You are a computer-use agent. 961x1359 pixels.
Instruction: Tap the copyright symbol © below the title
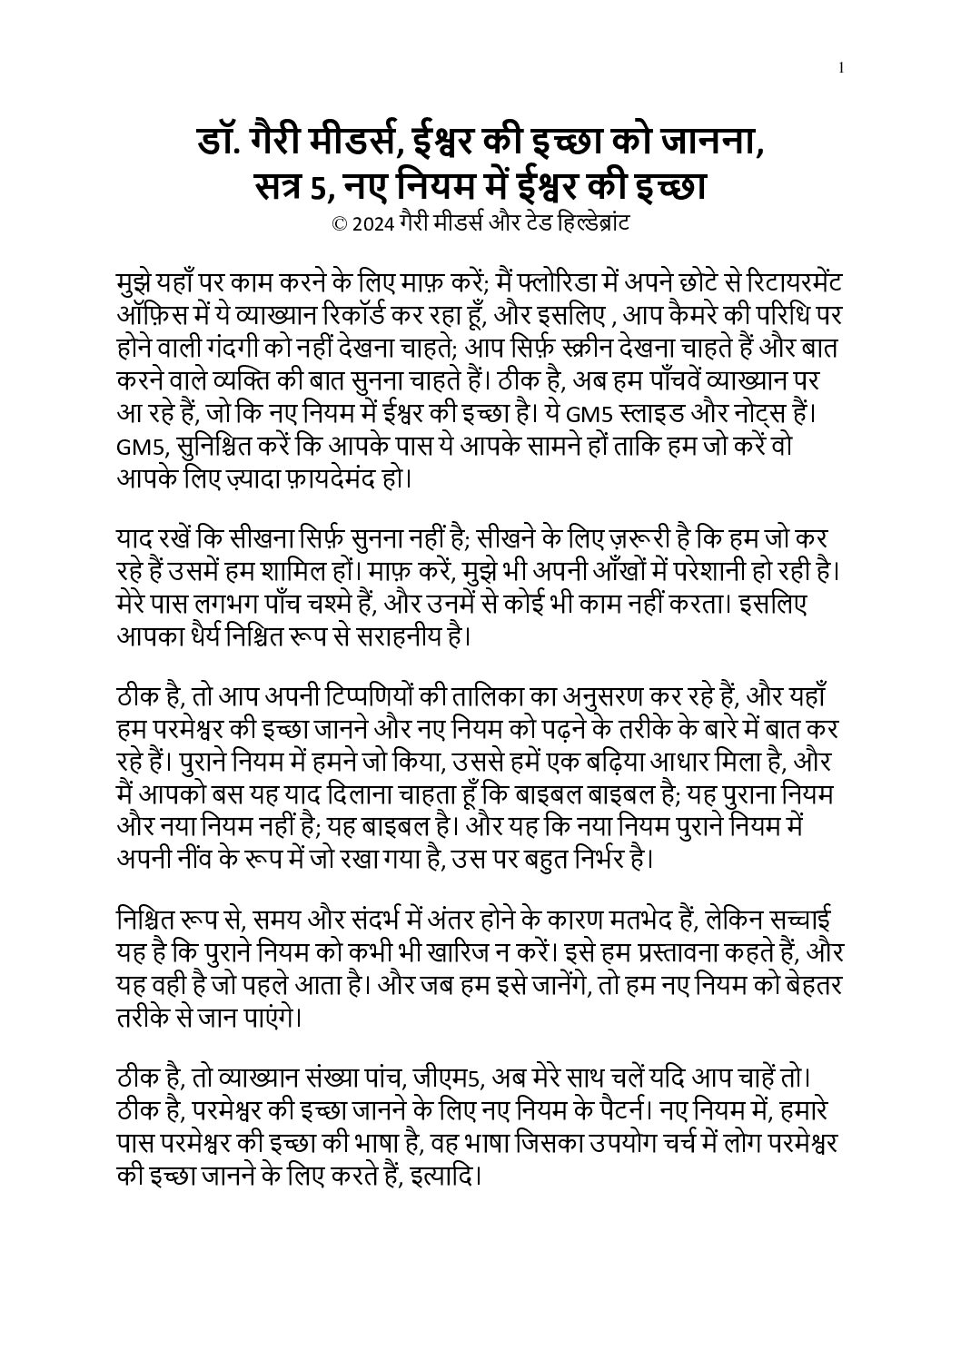(x=340, y=224)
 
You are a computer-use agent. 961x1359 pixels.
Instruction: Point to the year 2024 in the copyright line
(x=373, y=224)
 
